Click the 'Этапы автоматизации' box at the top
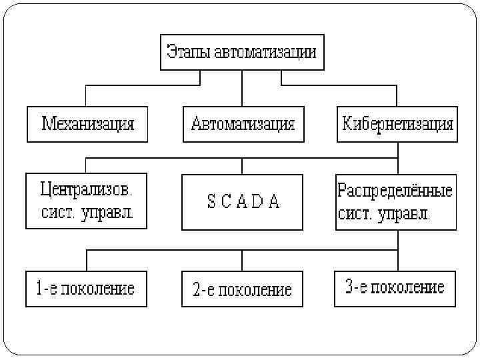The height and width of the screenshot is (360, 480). pos(242,52)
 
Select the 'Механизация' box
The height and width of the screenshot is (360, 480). pos(87,124)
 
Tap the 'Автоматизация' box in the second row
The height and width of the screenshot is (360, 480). pos(243,124)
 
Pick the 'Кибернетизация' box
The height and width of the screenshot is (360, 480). pos(397,124)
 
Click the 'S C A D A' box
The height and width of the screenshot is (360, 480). pos(243,201)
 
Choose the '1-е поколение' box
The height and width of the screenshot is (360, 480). pos(86,289)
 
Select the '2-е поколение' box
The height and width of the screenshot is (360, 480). pos(243,289)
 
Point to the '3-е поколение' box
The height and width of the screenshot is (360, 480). pos(395,288)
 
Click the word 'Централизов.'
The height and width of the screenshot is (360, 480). pos(86,190)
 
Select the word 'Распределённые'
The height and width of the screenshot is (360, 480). pos(395,191)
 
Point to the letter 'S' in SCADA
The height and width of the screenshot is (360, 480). pos(211,202)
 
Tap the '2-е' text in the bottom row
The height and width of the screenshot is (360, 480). pos(203,290)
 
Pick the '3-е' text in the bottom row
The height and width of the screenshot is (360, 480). pos(355,288)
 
